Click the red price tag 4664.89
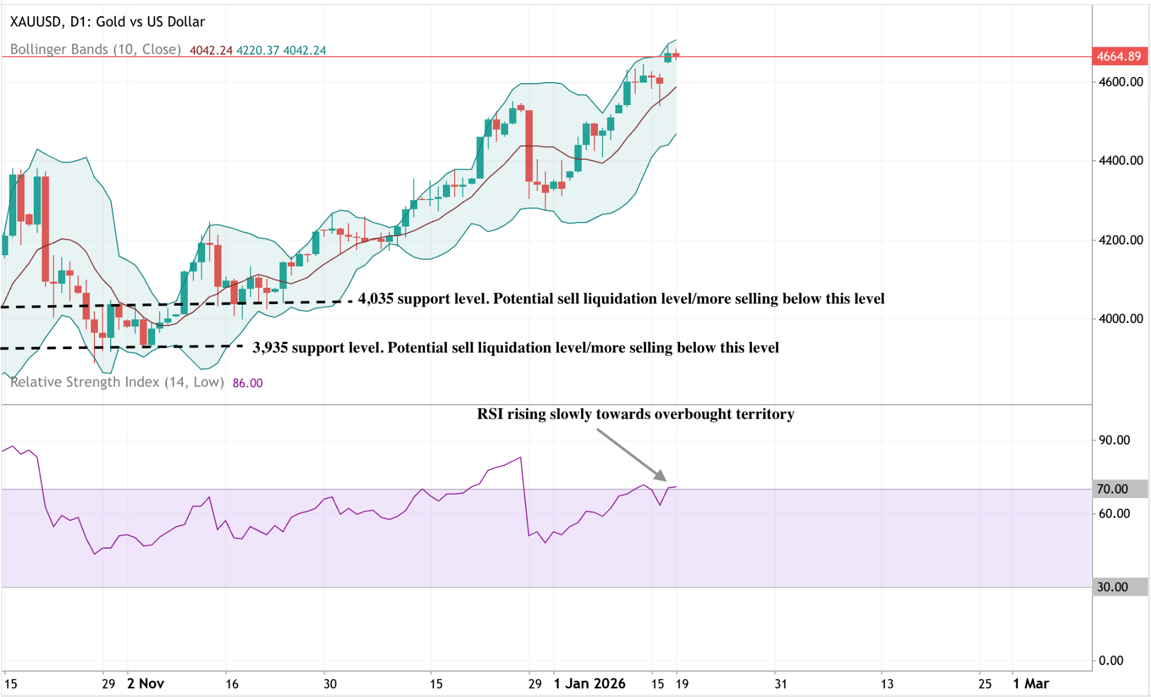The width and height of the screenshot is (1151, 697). (1118, 56)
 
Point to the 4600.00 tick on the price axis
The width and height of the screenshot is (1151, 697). (1121, 82)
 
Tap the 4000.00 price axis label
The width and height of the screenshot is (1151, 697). (1121, 319)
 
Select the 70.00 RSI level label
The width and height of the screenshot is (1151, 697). (1113, 489)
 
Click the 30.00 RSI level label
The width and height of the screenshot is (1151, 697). (1113, 587)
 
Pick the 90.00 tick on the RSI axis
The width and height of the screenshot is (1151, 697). (1114, 440)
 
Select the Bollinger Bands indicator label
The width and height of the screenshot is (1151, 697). (96, 49)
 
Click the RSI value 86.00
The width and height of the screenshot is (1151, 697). (247, 383)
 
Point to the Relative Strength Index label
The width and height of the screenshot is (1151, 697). (117, 382)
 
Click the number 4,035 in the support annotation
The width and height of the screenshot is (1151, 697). (375, 298)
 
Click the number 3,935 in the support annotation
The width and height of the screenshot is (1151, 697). (270, 347)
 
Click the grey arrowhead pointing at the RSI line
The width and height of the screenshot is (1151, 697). (660, 476)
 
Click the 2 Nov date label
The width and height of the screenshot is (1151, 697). (146, 684)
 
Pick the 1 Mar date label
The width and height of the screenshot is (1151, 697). (1031, 684)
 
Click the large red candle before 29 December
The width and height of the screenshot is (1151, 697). (529, 146)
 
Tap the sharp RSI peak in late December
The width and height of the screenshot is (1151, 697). (521, 458)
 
